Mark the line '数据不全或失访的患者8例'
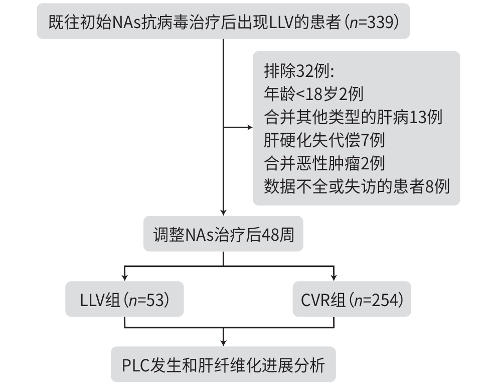[x=356, y=186]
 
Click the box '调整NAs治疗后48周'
[x=223, y=234]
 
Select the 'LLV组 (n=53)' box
[x=124, y=300]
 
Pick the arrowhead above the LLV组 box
[x=124, y=278]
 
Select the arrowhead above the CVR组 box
[x=333, y=278]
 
